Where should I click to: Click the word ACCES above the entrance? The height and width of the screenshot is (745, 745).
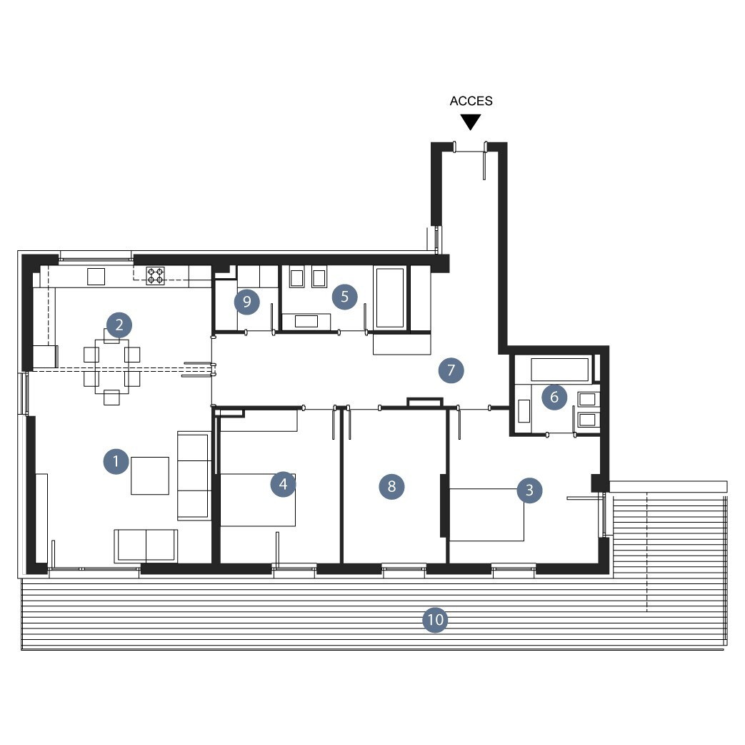471,101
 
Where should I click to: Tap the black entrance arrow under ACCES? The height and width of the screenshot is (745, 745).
471,122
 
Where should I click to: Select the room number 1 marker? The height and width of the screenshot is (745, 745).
116,461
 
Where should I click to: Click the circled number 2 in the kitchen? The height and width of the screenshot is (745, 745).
119,325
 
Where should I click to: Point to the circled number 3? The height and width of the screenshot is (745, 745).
530,490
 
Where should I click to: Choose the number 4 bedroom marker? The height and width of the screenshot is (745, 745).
283,484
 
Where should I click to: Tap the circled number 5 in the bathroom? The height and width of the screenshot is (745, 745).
344,297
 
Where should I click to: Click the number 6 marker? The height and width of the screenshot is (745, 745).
554,398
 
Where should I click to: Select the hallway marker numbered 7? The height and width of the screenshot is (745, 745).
451,370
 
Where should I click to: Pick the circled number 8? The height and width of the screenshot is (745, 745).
391,486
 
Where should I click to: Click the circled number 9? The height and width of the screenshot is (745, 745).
246,302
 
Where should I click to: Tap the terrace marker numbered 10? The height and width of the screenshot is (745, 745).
435,620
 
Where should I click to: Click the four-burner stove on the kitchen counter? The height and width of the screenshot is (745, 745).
156,276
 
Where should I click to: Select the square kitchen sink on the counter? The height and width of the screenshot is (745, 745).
96,277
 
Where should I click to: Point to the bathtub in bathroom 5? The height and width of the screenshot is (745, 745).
390,298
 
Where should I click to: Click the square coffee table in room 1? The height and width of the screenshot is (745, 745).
150,475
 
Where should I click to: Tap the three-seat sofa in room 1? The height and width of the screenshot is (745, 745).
194,475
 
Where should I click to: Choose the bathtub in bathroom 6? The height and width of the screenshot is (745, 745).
560,370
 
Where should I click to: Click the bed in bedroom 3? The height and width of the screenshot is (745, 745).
486,515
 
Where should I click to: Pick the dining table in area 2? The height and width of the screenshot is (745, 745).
111,366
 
